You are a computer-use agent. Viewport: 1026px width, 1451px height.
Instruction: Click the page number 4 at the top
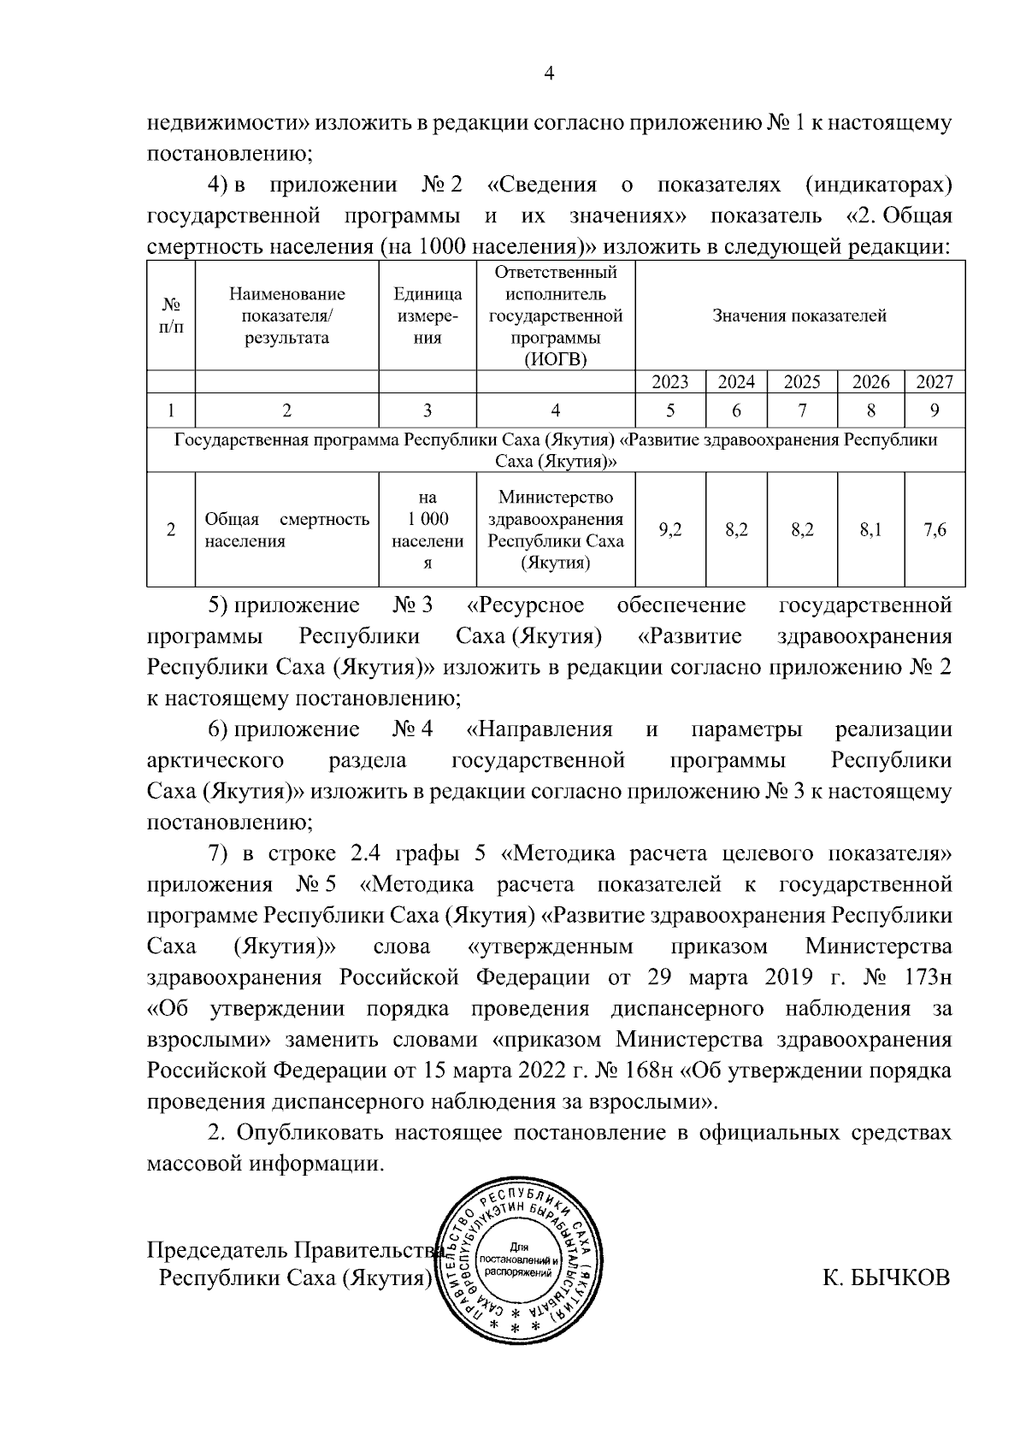(x=550, y=74)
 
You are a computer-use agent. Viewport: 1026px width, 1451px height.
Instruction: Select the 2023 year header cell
(x=670, y=382)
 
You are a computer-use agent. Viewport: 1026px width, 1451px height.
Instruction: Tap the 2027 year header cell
(x=935, y=382)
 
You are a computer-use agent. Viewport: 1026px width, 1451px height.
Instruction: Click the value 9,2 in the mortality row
(x=670, y=530)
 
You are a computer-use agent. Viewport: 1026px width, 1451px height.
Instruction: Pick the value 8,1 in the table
(x=871, y=530)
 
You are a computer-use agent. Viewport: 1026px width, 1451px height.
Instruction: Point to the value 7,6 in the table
(x=935, y=530)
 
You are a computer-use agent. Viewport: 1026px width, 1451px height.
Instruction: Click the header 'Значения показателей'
(x=799, y=316)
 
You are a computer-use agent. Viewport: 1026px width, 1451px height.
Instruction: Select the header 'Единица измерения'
(x=427, y=316)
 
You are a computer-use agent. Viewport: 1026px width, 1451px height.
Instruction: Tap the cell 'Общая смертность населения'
(x=286, y=530)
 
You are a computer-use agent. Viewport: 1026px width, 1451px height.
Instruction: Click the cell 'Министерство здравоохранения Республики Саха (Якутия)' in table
(x=556, y=530)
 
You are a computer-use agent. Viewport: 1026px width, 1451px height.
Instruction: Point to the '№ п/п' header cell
(x=171, y=316)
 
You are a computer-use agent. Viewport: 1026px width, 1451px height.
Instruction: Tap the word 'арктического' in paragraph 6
(x=215, y=760)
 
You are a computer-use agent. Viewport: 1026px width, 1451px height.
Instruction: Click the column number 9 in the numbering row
(x=935, y=411)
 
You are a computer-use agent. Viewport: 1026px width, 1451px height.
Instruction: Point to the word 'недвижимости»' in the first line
(x=229, y=123)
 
